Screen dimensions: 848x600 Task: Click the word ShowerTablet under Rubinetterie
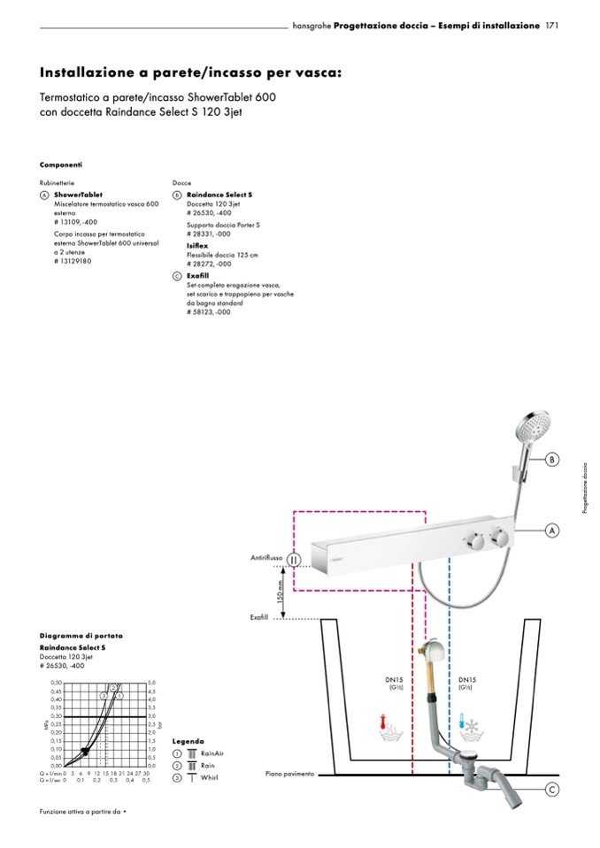click(x=78, y=194)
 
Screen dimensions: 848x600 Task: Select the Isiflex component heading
click(x=197, y=244)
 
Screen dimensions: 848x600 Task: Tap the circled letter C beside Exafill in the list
click(x=177, y=276)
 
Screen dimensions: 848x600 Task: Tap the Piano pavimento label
click(x=289, y=774)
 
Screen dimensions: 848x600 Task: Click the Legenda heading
click(x=188, y=740)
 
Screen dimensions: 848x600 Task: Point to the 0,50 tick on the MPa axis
click(x=56, y=683)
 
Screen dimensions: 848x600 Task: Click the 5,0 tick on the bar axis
click(x=152, y=683)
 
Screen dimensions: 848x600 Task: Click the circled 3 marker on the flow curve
click(x=119, y=687)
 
